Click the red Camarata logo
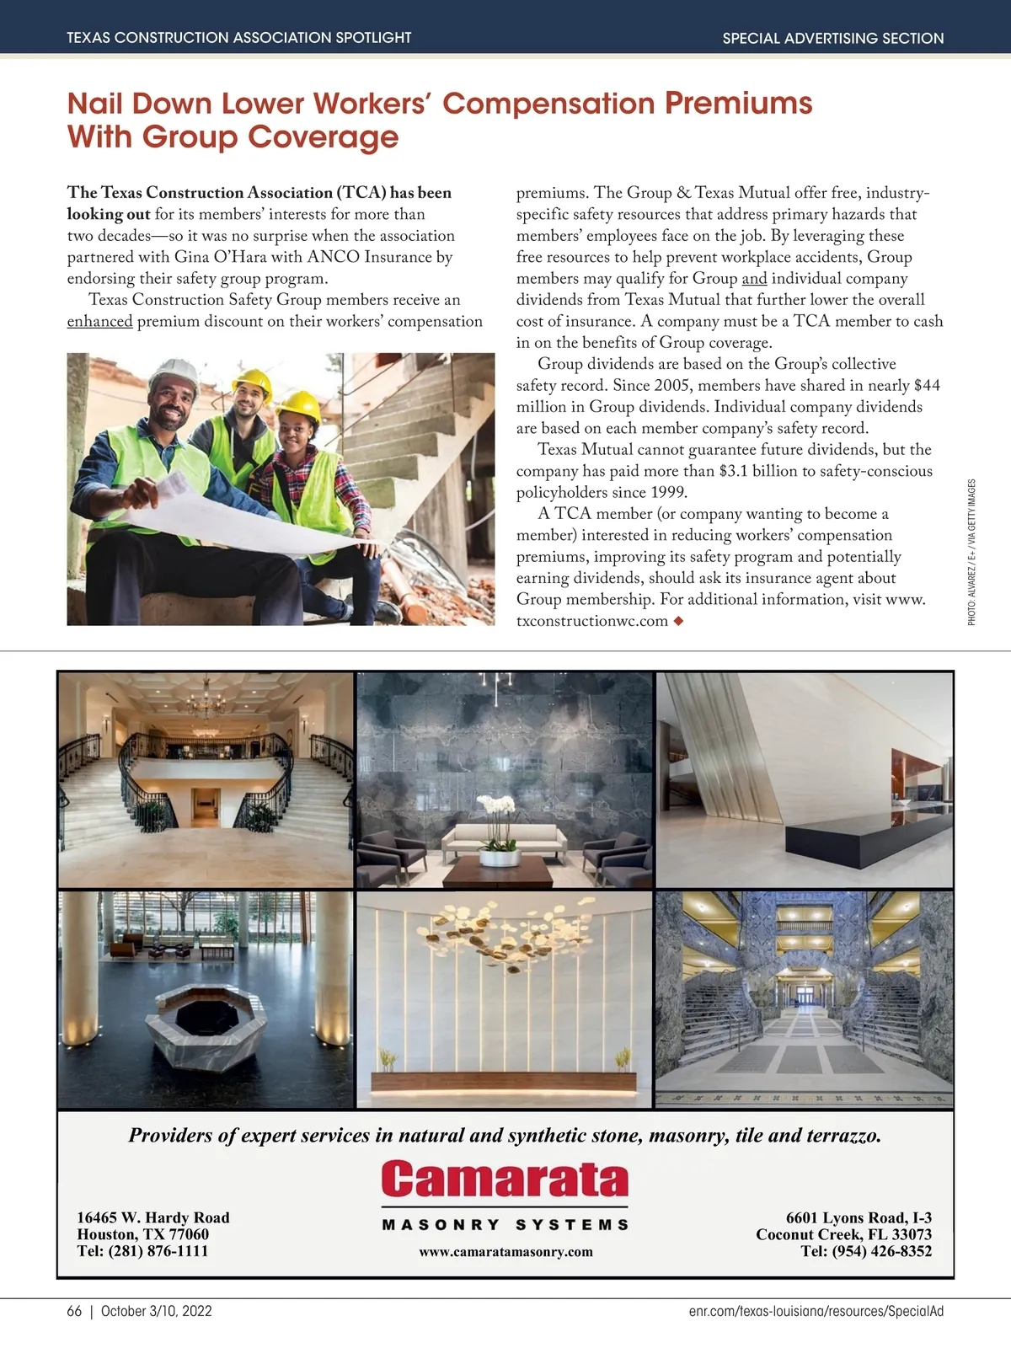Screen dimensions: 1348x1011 [505, 1179]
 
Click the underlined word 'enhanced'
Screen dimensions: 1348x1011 [99, 321]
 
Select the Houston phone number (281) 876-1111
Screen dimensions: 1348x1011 [158, 1251]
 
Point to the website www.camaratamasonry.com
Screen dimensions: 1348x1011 [505, 1252]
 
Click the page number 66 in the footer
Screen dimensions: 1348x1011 [74, 1311]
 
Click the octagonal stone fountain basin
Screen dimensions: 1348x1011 [206, 1019]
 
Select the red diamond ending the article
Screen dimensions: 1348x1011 [677, 622]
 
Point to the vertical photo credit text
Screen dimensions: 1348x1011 [971, 552]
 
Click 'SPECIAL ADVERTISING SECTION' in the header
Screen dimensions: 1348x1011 [832, 38]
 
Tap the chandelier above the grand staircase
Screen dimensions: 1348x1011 [205, 703]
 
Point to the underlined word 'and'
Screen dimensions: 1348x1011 [754, 279]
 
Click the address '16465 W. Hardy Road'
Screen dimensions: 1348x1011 [152, 1217]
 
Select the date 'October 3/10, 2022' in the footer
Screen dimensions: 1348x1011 [156, 1311]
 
